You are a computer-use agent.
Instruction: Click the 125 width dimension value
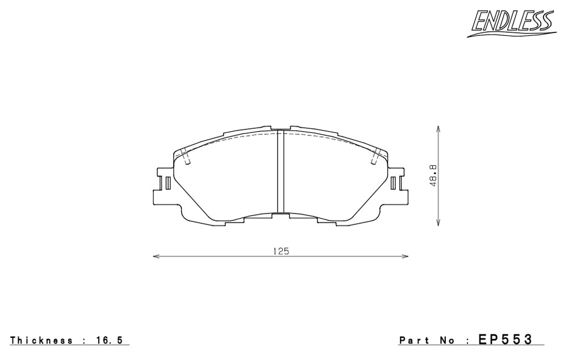pyautogui.click(x=281, y=251)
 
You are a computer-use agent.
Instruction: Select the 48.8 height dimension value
pyautogui.click(x=433, y=175)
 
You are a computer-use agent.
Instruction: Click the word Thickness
pyautogui.click(x=41, y=340)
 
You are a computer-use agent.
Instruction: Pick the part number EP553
pyautogui.click(x=506, y=340)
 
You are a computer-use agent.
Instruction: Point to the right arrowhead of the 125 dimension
pyautogui.click(x=405, y=257)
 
